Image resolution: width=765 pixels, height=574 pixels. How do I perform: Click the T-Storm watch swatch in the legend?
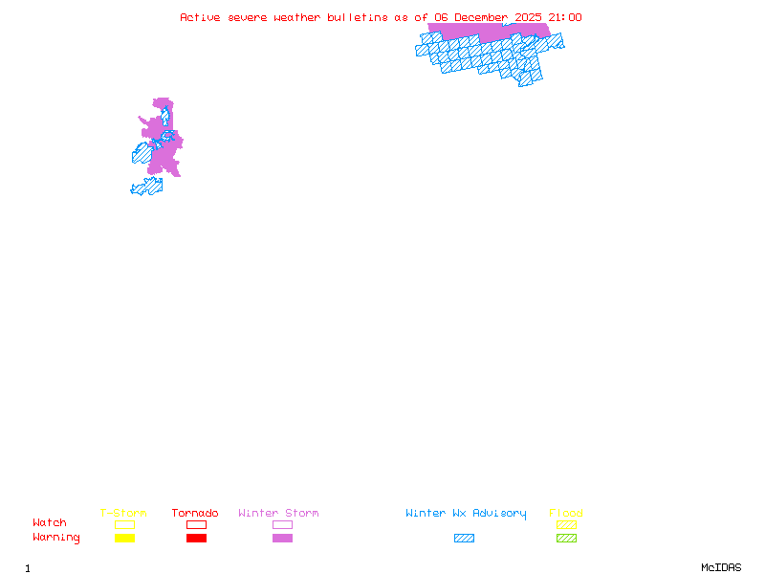pyautogui.click(x=124, y=524)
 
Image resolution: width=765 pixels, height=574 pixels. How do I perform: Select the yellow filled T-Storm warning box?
pyautogui.click(x=124, y=538)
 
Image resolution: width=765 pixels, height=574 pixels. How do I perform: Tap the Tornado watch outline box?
pyautogui.click(x=196, y=524)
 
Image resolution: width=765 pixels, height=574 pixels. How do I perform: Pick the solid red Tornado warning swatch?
pyautogui.click(x=196, y=538)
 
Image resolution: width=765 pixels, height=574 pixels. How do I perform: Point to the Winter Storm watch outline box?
pyautogui.click(x=282, y=524)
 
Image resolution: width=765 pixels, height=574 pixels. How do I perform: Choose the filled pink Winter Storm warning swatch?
pyautogui.click(x=282, y=538)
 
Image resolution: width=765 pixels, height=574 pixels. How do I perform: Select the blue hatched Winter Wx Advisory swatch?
pyautogui.click(x=464, y=538)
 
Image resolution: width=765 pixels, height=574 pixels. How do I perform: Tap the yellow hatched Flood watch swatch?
pyautogui.click(x=566, y=524)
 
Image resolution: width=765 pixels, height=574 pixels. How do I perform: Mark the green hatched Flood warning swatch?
pyautogui.click(x=566, y=538)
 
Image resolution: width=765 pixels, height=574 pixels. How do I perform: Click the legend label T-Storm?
pyautogui.click(x=123, y=513)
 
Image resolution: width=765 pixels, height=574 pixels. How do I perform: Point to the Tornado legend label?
pyautogui.click(x=195, y=513)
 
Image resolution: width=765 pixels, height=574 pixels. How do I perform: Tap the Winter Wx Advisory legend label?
pyautogui.click(x=466, y=513)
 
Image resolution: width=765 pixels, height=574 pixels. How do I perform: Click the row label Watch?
pyautogui.click(x=50, y=522)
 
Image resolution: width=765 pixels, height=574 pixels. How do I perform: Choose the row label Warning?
pyautogui.click(x=56, y=538)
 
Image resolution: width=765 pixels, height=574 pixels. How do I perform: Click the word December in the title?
pyautogui.click(x=481, y=17)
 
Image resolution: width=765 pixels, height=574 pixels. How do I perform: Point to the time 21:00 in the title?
pyautogui.click(x=564, y=17)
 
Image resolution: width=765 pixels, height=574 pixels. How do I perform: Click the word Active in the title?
pyautogui.click(x=201, y=17)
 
